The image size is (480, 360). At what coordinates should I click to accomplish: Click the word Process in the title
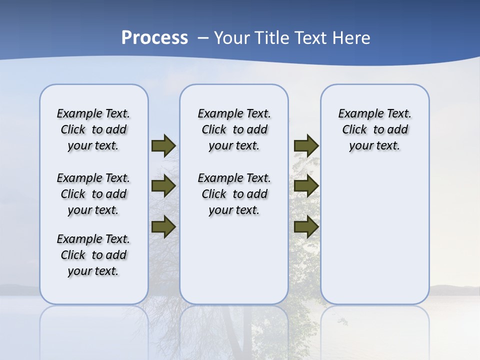click(x=154, y=38)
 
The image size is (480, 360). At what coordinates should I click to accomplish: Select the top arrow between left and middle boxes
click(x=163, y=146)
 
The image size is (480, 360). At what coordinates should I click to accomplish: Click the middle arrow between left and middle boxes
click(x=163, y=186)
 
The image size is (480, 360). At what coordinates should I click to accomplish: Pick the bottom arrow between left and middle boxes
click(x=163, y=226)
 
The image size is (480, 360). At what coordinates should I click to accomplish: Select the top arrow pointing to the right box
click(x=306, y=146)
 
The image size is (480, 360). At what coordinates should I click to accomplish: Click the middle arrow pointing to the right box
click(x=306, y=186)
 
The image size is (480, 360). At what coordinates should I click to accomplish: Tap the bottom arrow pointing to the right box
click(x=306, y=226)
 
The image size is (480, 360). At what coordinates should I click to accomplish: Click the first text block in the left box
click(x=93, y=129)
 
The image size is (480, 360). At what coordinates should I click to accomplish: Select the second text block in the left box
click(x=93, y=194)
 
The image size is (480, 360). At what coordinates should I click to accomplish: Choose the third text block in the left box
click(x=93, y=255)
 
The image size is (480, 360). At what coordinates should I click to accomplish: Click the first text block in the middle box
click(x=234, y=129)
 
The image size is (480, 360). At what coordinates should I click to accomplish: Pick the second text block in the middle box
click(x=234, y=194)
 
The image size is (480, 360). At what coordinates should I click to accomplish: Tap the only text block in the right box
click(x=375, y=129)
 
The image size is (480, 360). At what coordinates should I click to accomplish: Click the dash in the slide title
click(x=203, y=38)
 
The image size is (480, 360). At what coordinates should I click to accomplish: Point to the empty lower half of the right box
click(x=375, y=240)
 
